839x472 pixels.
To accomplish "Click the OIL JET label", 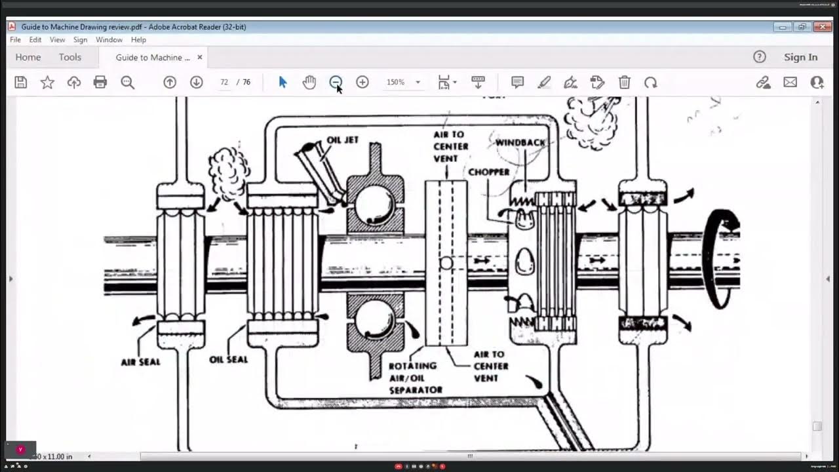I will click(342, 140).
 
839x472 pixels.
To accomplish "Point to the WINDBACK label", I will click(520, 143).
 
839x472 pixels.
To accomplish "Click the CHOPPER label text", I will click(488, 172).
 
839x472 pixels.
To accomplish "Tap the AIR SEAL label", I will click(140, 362).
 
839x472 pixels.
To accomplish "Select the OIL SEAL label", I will click(228, 359).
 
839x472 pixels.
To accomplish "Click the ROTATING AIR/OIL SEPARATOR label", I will click(415, 378).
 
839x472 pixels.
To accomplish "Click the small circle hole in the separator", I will click(446, 263).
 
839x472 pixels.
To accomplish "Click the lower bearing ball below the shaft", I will click(374, 319).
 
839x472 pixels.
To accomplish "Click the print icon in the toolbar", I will click(100, 83).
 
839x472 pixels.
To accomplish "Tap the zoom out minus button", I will click(336, 83).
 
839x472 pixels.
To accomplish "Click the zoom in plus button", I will click(362, 83).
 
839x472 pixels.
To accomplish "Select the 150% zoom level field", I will click(396, 83).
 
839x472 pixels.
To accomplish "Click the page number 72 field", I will click(224, 83).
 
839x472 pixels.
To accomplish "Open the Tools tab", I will click(70, 57).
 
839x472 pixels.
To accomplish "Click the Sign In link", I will click(800, 57).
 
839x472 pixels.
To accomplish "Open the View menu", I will click(57, 40).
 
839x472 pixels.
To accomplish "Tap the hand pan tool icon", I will click(309, 83).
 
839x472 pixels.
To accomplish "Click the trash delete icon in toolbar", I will click(624, 83).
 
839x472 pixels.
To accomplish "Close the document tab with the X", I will click(200, 57).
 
